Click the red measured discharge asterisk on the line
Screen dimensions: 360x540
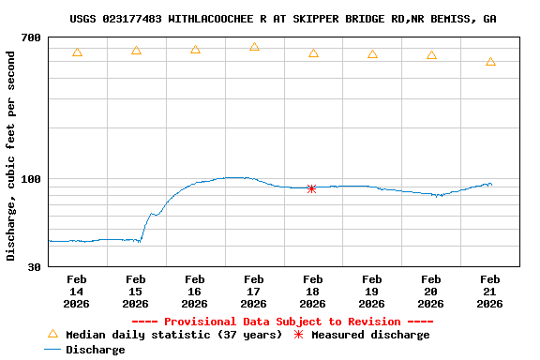click(311, 188)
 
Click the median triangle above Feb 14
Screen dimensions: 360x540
click(77, 52)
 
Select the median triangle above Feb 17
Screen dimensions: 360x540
click(254, 46)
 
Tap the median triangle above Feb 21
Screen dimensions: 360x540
click(490, 62)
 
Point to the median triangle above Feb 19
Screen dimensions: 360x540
click(372, 54)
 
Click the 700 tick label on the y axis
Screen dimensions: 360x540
click(30, 37)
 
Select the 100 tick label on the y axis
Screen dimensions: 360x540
click(30, 179)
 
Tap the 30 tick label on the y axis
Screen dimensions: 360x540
click(34, 267)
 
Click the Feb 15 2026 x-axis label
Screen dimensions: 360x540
click(136, 291)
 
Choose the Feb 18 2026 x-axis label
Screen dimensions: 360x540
click(313, 291)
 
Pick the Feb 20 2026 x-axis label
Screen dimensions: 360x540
click(431, 291)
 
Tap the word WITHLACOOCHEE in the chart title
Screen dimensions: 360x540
click(213, 19)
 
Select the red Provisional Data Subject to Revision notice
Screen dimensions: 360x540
click(282, 322)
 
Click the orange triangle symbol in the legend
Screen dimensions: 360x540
click(52, 334)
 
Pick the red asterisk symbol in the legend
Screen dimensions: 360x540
click(299, 335)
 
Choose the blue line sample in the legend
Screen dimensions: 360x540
click(52, 350)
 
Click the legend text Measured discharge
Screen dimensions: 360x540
click(370, 335)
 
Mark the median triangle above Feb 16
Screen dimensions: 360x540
click(195, 49)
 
